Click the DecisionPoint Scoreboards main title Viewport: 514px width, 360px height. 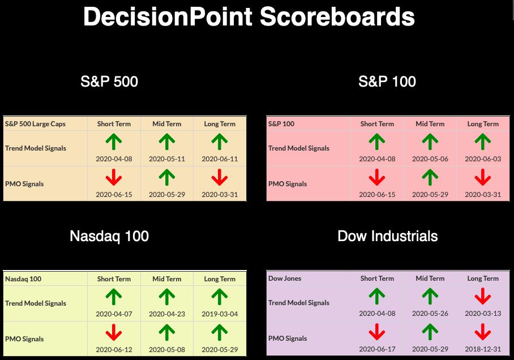[249, 16]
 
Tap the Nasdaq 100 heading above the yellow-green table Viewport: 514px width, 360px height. [109, 237]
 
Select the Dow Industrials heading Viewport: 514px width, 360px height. [387, 236]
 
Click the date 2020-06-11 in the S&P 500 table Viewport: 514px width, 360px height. [220, 159]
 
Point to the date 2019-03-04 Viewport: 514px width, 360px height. [220, 314]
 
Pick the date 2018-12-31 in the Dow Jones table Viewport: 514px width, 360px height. [483, 349]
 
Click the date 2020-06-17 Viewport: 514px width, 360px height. [377, 349]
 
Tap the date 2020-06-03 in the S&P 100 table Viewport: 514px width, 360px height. [483, 159]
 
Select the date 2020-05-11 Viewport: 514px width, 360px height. [167, 159]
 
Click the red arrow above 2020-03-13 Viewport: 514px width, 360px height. [483, 296]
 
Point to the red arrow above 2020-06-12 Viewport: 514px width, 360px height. [114, 332]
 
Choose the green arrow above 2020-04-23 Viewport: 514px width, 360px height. [167, 297]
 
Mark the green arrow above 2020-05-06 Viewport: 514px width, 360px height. [430, 142]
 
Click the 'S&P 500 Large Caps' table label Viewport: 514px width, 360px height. [36, 124]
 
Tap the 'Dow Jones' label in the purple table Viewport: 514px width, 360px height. [285, 278]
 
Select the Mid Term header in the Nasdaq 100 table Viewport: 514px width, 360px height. [167, 279]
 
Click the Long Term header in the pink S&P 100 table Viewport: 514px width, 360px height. [483, 124]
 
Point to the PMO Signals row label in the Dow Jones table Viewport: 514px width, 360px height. [288, 338]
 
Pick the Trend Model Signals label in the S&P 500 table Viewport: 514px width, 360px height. [36, 148]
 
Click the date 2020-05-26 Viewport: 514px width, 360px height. [430, 314]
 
